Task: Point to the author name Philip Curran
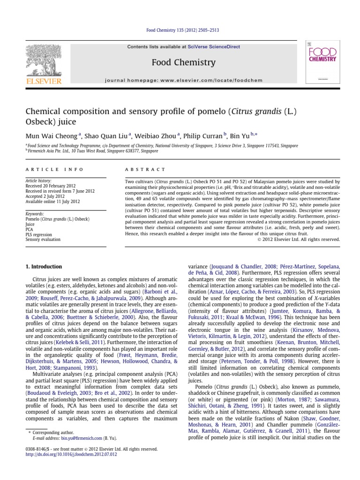205,136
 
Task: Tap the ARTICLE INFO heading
54,169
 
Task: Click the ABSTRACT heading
146,169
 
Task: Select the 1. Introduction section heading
43,267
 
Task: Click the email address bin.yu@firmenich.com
82,438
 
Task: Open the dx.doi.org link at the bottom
71,454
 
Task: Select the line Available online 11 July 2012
53,202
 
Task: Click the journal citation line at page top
180,30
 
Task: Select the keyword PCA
30,229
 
